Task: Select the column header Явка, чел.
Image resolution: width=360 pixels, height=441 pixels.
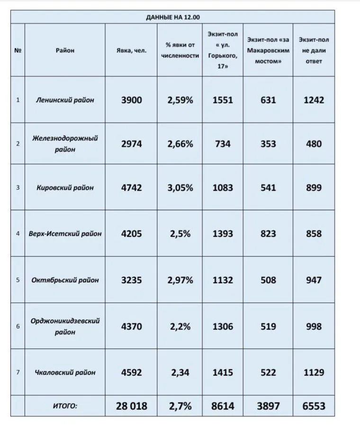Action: pyautogui.click(x=131, y=50)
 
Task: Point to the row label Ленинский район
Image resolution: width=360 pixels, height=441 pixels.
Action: pyautogui.click(x=65, y=100)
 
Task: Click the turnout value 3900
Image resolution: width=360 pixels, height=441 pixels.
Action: pyautogui.click(x=131, y=100)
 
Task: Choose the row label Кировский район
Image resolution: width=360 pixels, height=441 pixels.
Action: pyautogui.click(x=65, y=188)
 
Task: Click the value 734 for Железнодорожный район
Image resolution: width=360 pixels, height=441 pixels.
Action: pyautogui.click(x=223, y=144)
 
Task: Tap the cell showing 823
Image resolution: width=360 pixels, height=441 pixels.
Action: pyautogui.click(x=268, y=234)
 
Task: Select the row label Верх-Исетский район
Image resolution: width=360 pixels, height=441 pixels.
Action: pyautogui.click(x=65, y=234)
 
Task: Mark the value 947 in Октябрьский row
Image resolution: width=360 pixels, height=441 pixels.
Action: pyautogui.click(x=313, y=280)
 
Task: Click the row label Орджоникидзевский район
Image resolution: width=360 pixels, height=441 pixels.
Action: pyautogui.click(x=65, y=326)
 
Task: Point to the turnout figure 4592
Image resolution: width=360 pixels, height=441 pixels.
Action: pyautogui.click(x=131, y=372)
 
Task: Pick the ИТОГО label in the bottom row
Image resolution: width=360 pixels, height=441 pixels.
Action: pyautogui.click(x=65, y=406)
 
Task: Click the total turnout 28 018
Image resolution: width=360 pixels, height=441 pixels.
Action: pyautogui.click(x=131, y=406)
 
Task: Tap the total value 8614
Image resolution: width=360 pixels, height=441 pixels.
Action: pyautogui.click(x=223, y=406)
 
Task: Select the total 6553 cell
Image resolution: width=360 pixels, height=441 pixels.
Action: pyautogui.click(x=313, y=406)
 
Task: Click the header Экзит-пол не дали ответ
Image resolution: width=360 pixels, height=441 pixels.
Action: pyautogui.click(x=313, y=50)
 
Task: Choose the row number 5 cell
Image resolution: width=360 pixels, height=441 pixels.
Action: pyautogui.click(x=18, y=280)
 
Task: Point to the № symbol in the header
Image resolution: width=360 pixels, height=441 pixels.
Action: pyautogui.click(x=18, y=50)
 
